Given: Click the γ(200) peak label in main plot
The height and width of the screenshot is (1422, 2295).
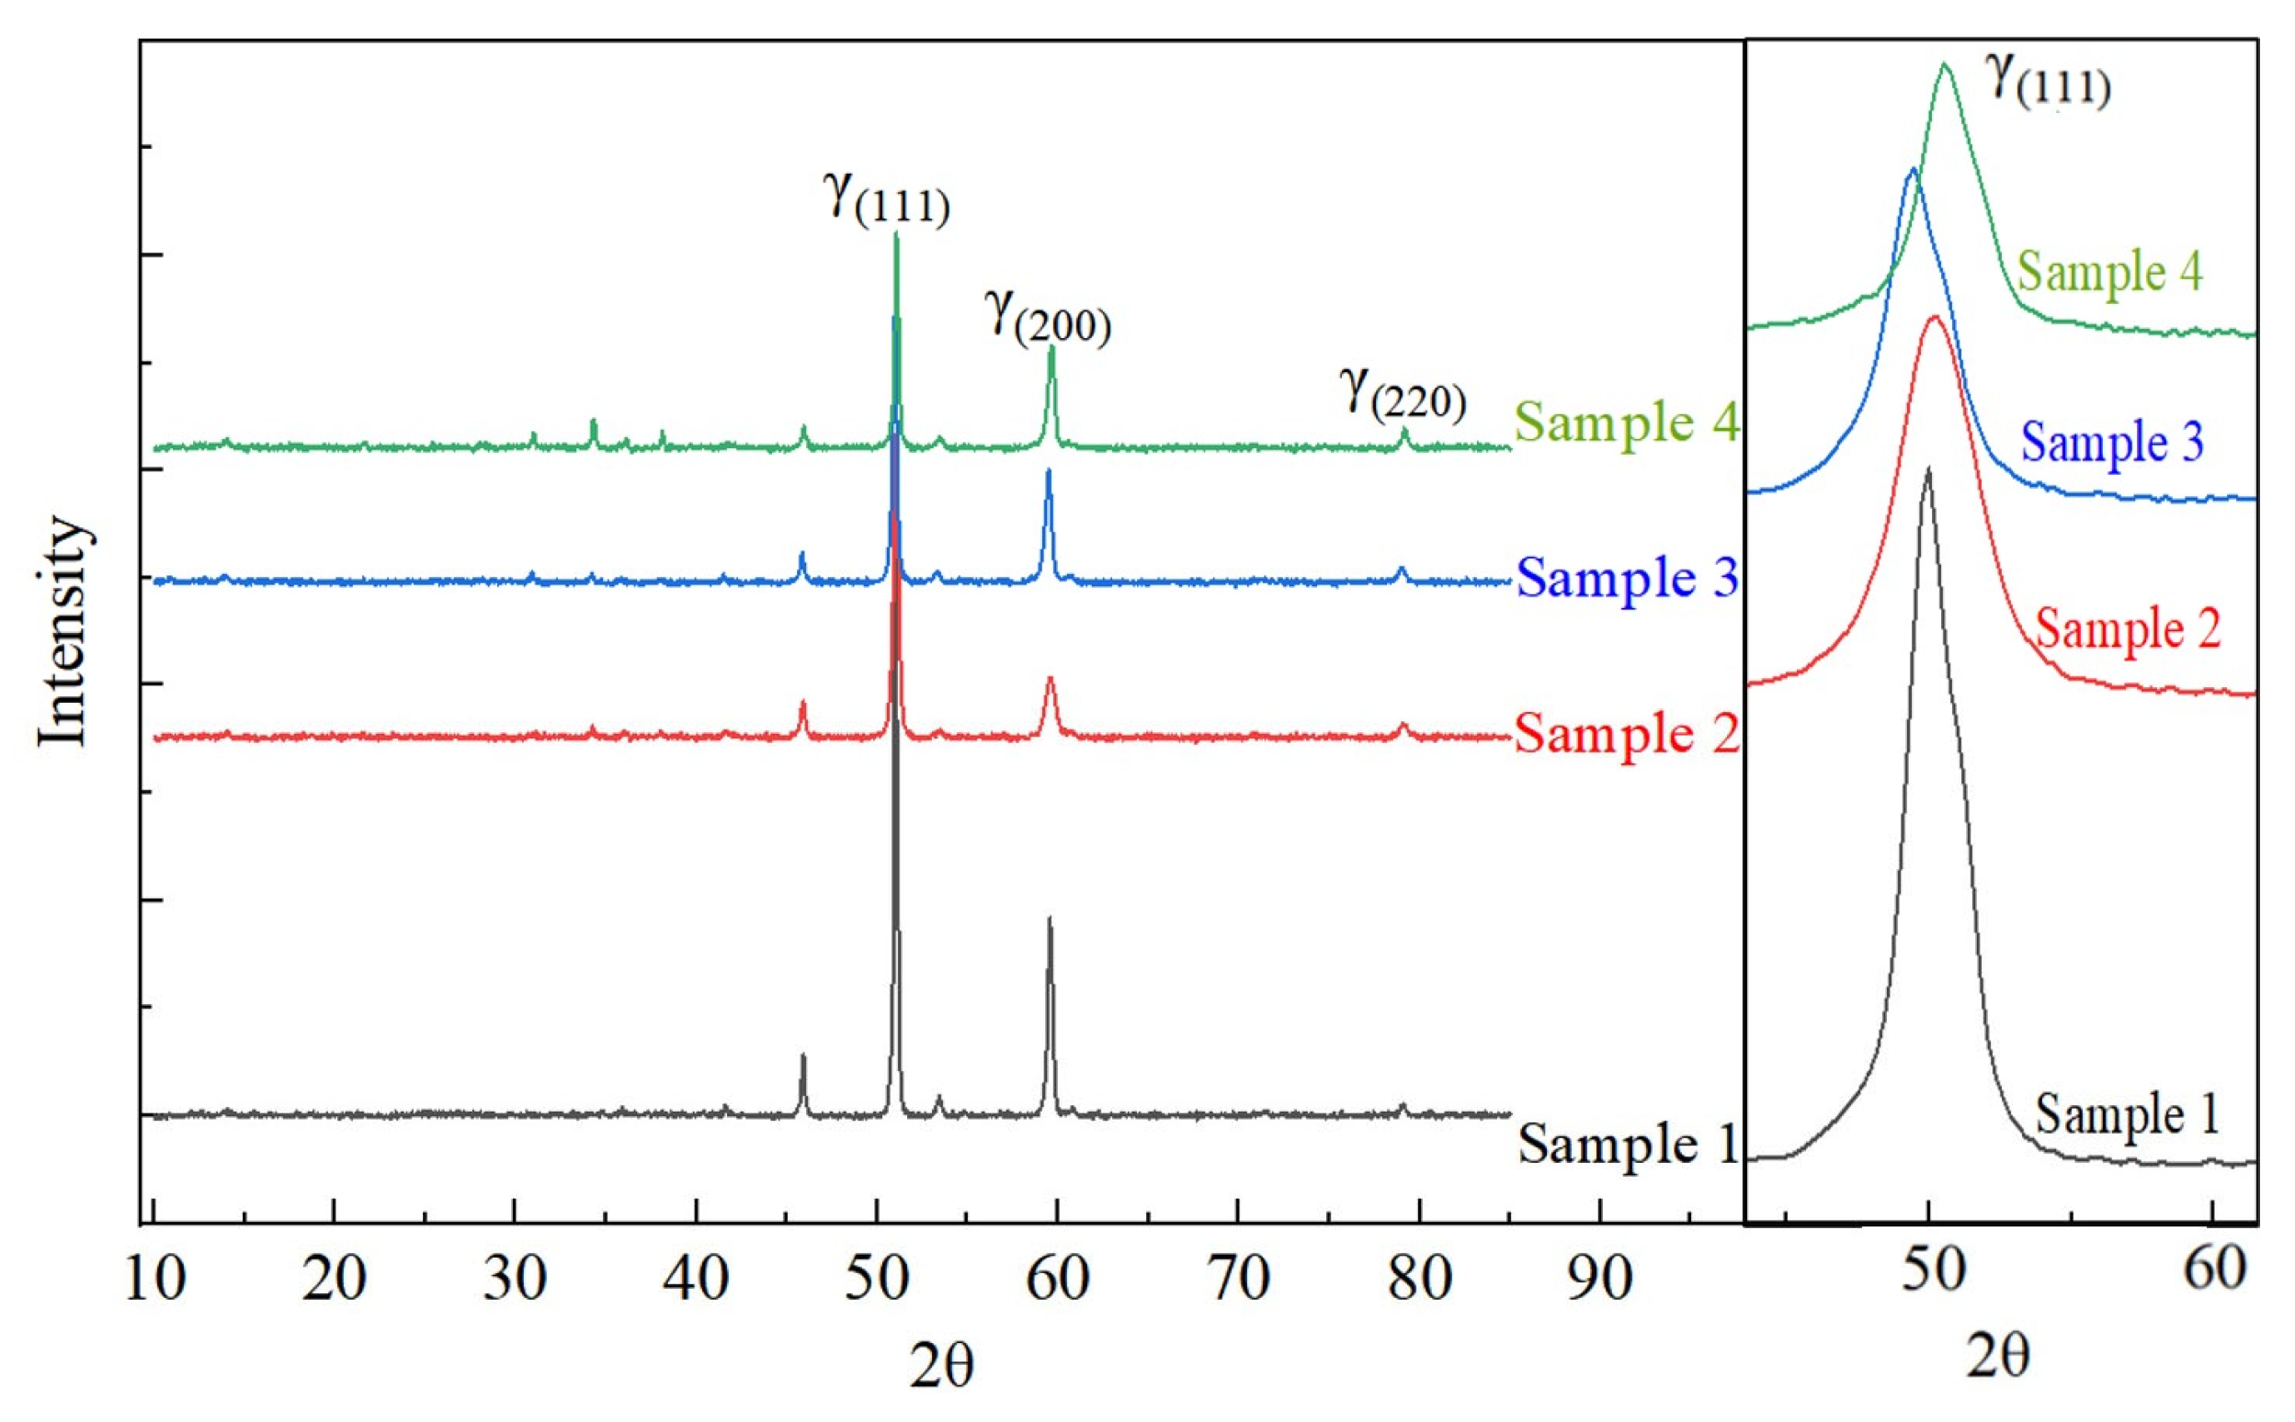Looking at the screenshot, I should pos(1047,317).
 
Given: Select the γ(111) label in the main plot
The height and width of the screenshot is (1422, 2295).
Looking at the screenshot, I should pos(886,197).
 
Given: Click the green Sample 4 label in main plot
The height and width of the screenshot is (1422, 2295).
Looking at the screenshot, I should pos(1626,423).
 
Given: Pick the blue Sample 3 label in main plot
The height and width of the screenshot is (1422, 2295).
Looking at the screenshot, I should pos(1626,578).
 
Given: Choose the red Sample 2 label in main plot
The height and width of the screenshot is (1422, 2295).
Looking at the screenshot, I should pos(1626,733).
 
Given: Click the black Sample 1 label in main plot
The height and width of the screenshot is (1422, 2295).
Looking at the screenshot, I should pos(1626,1145).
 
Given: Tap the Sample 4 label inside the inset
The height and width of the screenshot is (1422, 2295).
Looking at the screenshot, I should pos(2109,272).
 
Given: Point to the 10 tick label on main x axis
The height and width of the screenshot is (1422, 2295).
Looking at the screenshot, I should pos(154,1280).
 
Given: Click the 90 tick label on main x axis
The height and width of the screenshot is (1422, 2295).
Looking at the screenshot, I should pos(1599,1280).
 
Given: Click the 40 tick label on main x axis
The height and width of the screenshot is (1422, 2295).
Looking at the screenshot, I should pos(696,1280).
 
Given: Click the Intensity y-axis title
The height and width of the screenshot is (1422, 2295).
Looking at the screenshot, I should pos(64,631).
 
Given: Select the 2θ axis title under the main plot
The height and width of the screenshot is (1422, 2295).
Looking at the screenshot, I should pos(941,1366).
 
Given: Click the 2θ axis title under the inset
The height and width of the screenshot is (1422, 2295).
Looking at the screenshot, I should pos(1997,1357).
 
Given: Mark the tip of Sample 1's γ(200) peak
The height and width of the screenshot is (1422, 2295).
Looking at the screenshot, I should pos(1050,918).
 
